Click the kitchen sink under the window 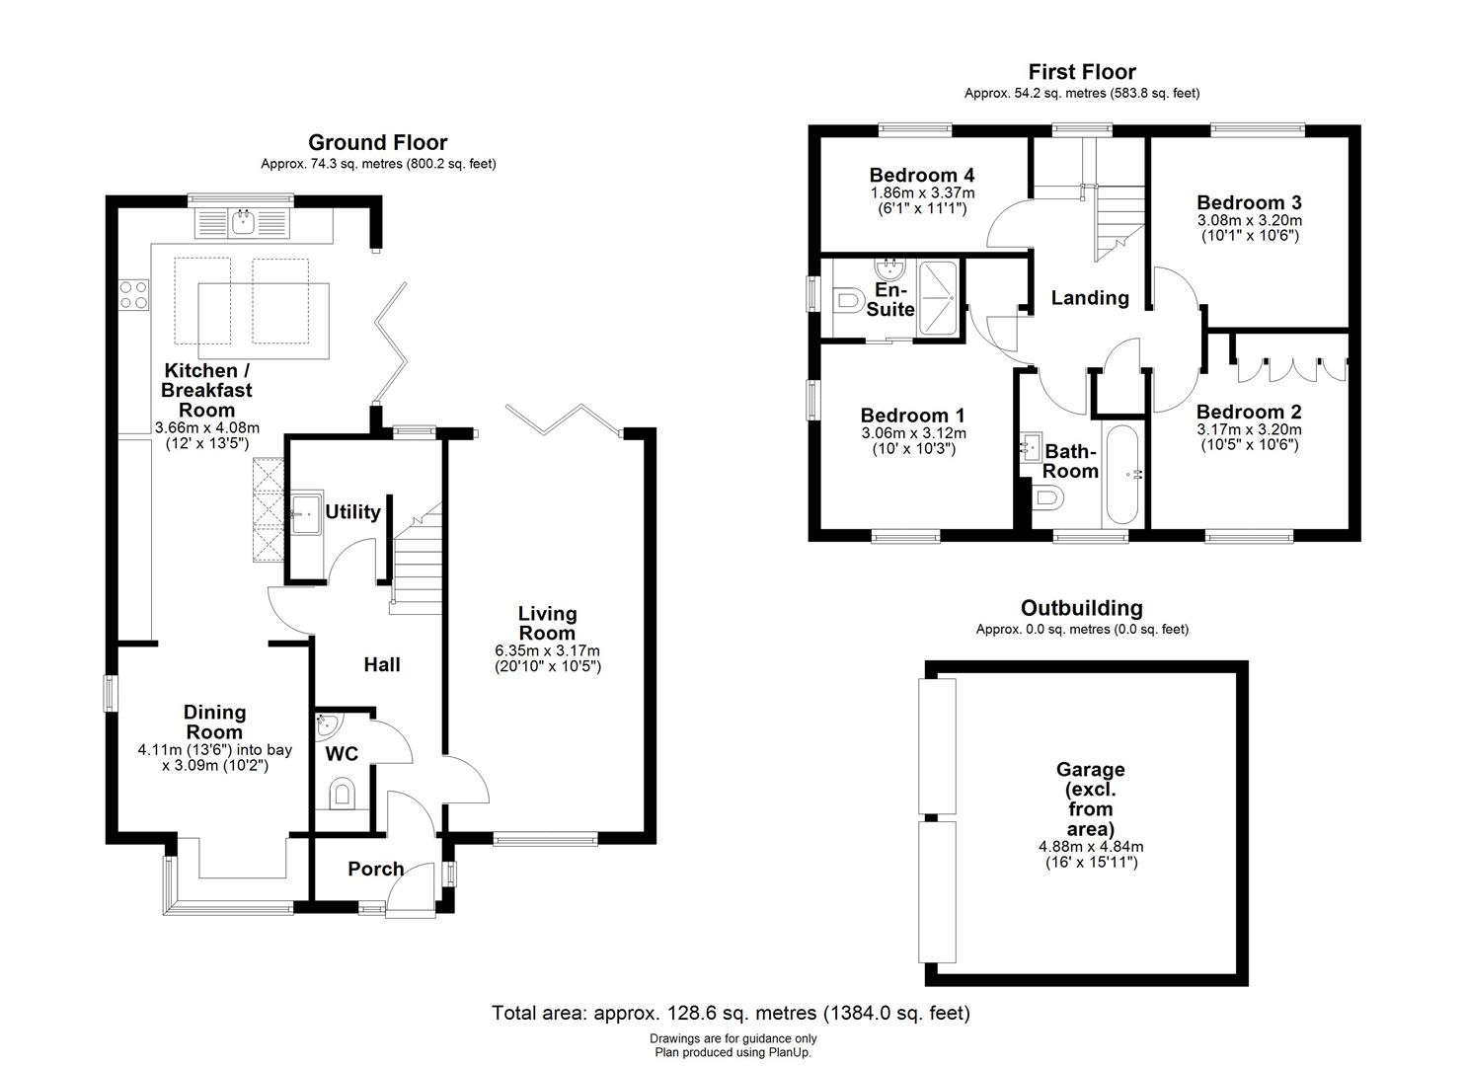[242, 223]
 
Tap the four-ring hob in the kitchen [133, 295]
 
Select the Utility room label [352, 511]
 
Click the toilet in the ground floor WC [343, 793]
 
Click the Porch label [375, 869]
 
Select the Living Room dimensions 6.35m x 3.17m [547, 651]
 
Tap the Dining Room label [214, 722]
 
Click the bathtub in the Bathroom [1123, 475]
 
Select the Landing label [1089, 297]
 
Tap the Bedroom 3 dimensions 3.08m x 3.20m [1248, 220]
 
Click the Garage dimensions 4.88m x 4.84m [1090, 847]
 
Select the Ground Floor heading [377, 143]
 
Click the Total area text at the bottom [731, 1013]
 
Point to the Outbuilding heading [1081, 608]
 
